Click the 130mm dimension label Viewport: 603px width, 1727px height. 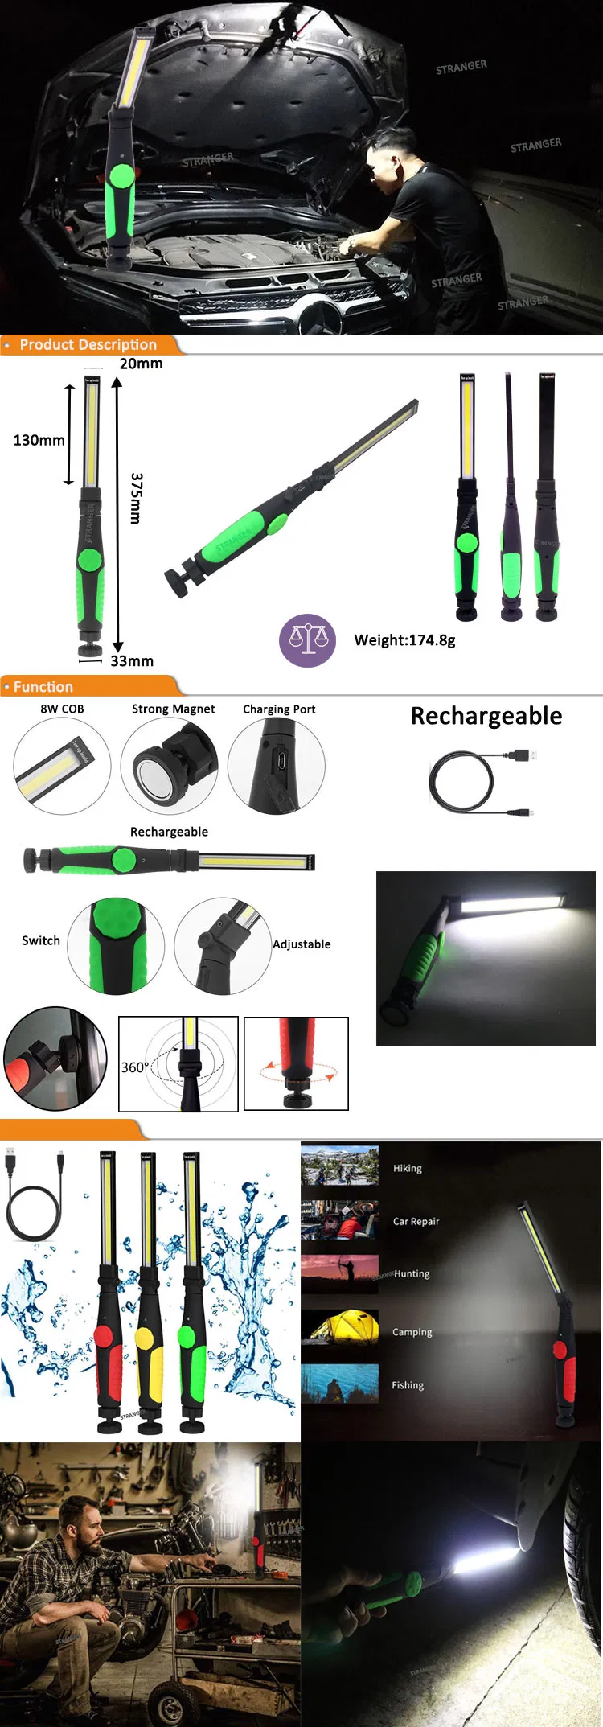(x=39, y=440)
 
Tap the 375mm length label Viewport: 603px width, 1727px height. (x=136, y=498)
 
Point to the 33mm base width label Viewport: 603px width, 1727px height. (x=131, y=661)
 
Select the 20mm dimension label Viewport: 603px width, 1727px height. (x=141, y=364)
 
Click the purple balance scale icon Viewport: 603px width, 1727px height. (x=307, y=639)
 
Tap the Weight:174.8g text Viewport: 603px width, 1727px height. (x=404, y=640)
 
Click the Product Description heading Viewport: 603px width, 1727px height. (x=88, y=345)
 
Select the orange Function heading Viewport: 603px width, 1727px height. (x=43, y=687)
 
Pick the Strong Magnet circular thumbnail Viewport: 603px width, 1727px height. (x=170, y=766)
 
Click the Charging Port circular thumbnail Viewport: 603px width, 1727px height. (x=277, y=766)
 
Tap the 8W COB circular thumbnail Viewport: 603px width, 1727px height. (x=62, y=766)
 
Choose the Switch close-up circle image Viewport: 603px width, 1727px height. (x=116, y=946)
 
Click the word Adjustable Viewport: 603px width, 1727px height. (x=301, y=944)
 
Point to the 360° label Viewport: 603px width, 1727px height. (x=134, y=1067)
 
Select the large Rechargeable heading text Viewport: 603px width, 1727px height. (x=486, y=716)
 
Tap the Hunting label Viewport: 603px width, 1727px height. (x=412, y=1274)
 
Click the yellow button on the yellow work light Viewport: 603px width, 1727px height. (x=145, y=1338)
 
